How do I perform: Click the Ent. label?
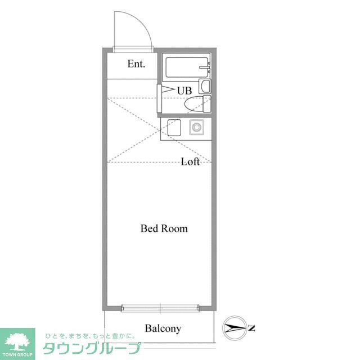point(136,64)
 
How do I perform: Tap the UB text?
point(184,90)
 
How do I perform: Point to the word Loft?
point(190,162)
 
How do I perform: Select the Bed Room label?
point(164,228)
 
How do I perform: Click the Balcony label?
point(163,328)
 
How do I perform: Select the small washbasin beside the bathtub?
point(205,87)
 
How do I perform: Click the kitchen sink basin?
point(173,128)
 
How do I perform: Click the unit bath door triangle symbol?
point(168,91)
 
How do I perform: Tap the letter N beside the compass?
point(252,328)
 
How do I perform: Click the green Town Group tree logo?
point(17,340)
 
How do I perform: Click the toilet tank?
point(207,104)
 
